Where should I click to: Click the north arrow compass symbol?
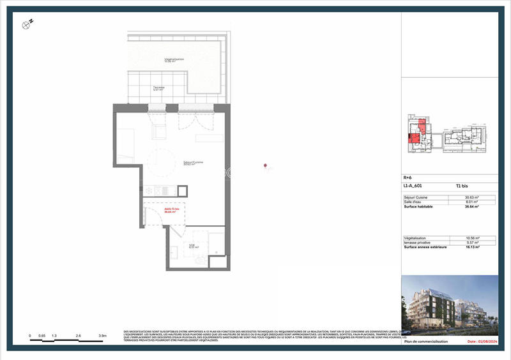pos(27,25)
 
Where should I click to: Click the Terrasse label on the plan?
pos(158,89)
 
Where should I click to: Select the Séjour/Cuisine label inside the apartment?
pos(193,163)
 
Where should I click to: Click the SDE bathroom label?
pos(192,246)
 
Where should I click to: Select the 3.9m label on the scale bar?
pos(102,335)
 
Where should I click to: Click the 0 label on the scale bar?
pos(30,335)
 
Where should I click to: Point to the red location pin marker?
pos(265,167)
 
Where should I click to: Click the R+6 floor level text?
pos(408,179)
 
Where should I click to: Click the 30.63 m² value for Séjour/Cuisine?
pos(472,198)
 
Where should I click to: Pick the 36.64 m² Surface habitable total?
pos(472,207)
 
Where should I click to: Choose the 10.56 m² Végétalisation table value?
pos(472,238)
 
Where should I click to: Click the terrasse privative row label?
pos(418,243)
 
